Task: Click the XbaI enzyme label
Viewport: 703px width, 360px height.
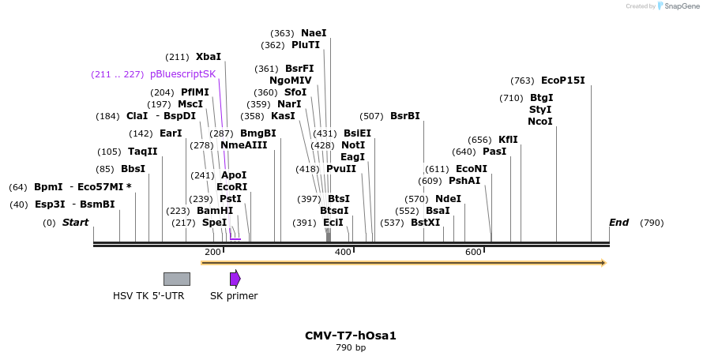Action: tap(209, 57)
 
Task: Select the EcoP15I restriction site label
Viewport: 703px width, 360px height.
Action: tap(562, 81)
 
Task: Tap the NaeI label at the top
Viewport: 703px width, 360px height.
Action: tap(313, 33)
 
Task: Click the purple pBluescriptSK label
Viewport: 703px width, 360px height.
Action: tap(182, 74)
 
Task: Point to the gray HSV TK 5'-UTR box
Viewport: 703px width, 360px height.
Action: tap(176, 279)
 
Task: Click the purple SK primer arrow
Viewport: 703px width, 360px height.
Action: tap(235, 279)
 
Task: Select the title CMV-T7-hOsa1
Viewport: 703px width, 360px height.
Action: tap(351, 336)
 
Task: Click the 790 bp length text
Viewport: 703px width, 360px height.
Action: tap(351, 347)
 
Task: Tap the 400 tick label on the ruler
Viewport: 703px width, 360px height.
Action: tap(343, 252)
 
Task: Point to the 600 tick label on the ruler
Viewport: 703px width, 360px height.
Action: tap(473, 252)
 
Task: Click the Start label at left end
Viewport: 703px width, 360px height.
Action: tap(76, 223)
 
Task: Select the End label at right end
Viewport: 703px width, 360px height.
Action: tap(618, 223)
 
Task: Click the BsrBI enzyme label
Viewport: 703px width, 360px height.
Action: tap(405, 116)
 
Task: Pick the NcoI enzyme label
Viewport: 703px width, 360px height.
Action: tap(540, 122)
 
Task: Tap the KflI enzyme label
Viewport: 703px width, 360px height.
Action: tap(508, 140)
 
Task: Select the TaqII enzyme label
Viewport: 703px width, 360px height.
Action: tap(143, 152)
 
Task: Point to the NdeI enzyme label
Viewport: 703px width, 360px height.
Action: tap(448, 199)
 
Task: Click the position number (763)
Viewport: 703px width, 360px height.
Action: tap(522, 81)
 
